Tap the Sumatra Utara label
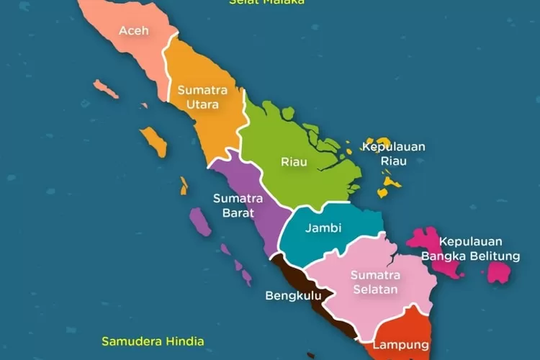[x=202, y=97]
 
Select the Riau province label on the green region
[x=294, y=162]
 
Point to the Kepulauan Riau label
[x=393, y=153]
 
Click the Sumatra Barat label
[x=238, y=204]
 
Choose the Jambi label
[x=323, y=228]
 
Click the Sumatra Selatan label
[x=374, y=282]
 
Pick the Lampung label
[x=401, y=345]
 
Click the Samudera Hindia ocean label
[x=153, y=341]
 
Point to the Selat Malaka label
[x=266, y=2]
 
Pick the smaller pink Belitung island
[x=499, y=272]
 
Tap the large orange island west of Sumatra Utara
[x=154, y=141]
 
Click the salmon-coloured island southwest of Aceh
[x=105, y=89]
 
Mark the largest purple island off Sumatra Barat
[x=200, y=222]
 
